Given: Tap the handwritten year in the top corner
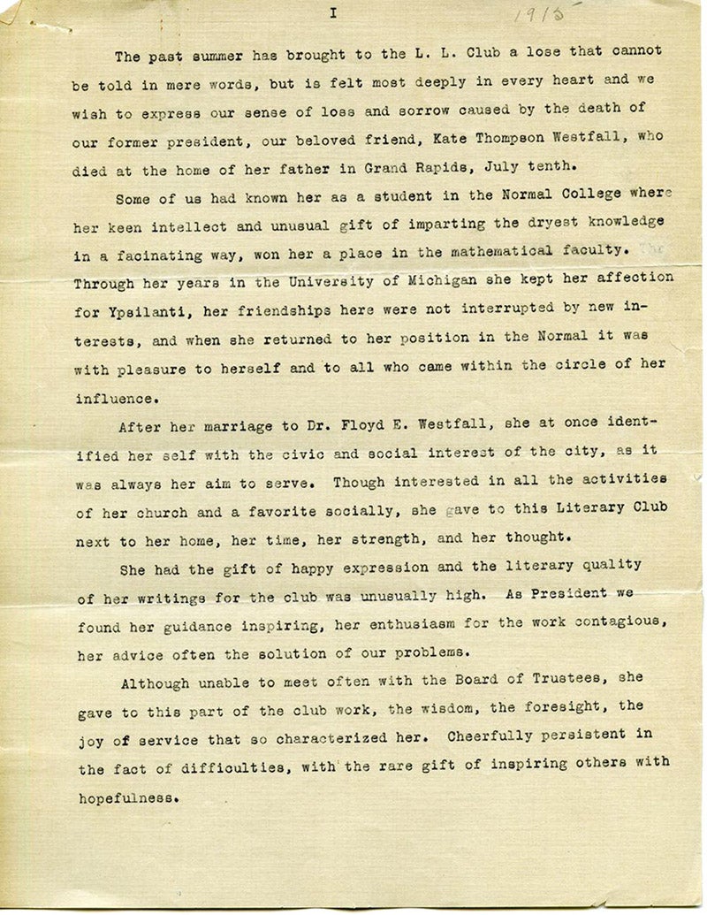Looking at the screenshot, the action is [540, 14].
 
